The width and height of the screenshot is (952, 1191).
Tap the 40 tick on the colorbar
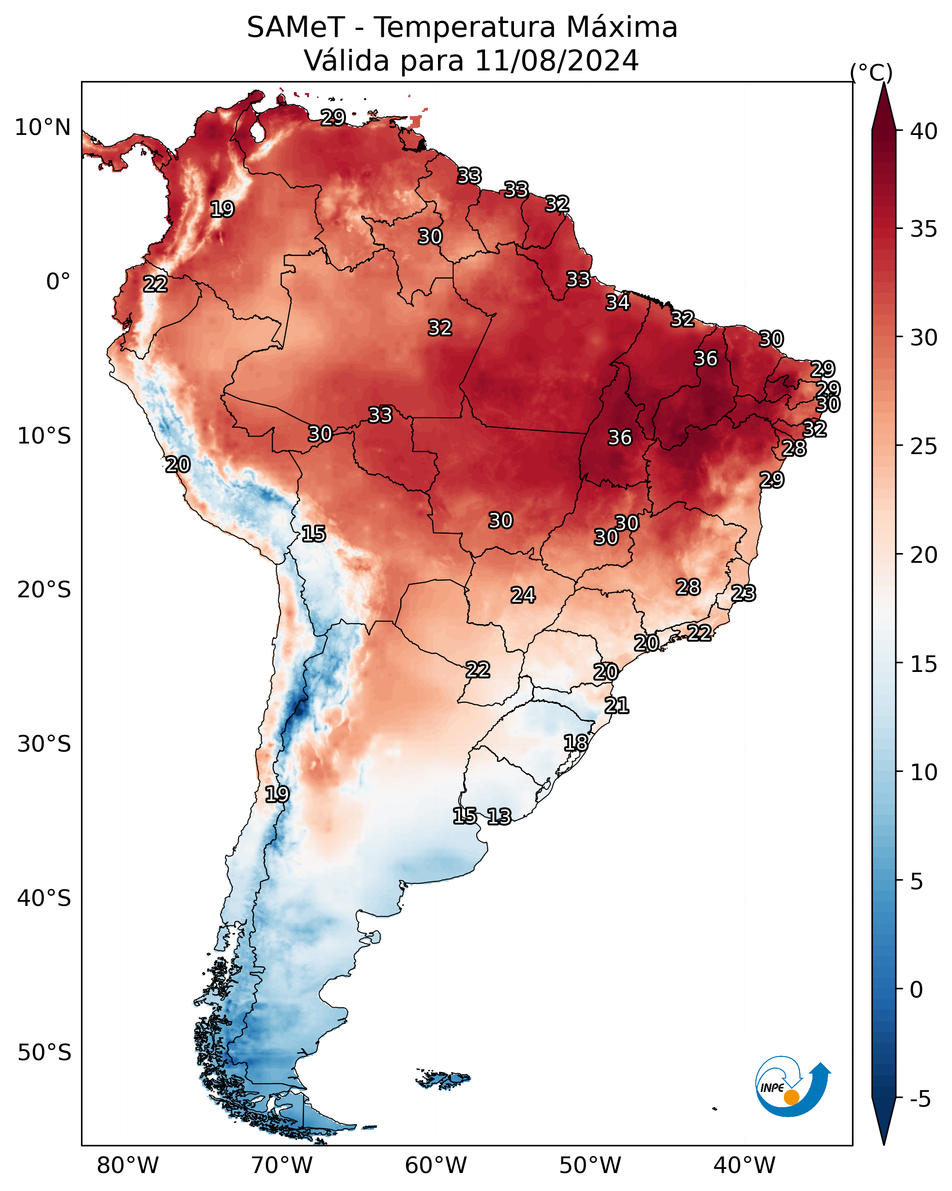[924, 131]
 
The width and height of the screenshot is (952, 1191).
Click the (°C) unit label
[871, 72]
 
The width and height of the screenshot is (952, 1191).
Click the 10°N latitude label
[42, 128]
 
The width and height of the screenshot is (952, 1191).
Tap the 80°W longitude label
[128, 1166]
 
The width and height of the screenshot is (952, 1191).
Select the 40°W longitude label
[744, 1166]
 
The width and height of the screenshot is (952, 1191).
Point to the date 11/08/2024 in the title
[556, 60]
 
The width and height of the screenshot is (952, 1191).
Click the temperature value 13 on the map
[499, 817]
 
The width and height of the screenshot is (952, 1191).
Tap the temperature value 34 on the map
[617, 302]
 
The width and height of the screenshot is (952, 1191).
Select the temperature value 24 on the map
[523, 595]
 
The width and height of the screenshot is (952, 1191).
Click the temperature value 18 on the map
[576, 742]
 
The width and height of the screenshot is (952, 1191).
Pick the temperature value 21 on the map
[617, 706]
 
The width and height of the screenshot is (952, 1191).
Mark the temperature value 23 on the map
[743, 593]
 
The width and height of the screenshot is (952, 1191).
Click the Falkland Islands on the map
[444, 1079]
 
